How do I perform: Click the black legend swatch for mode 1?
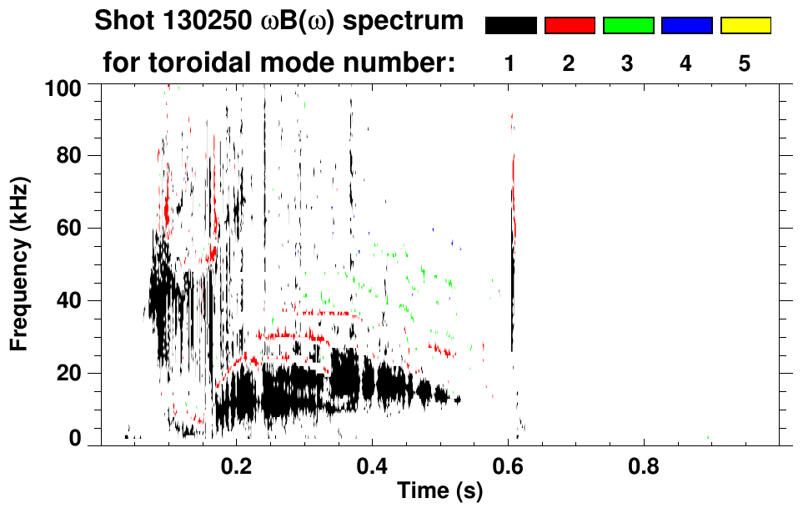tap(511, 25)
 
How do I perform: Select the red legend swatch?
tap(570, 25)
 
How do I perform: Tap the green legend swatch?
tap(628, 25)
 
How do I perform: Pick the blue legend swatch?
tap(686, 25)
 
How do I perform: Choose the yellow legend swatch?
tap(745, 25)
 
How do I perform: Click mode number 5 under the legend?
tap(745, 63)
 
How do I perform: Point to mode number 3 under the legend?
tap(628, 63)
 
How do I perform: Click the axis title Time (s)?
tap(439, 492)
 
